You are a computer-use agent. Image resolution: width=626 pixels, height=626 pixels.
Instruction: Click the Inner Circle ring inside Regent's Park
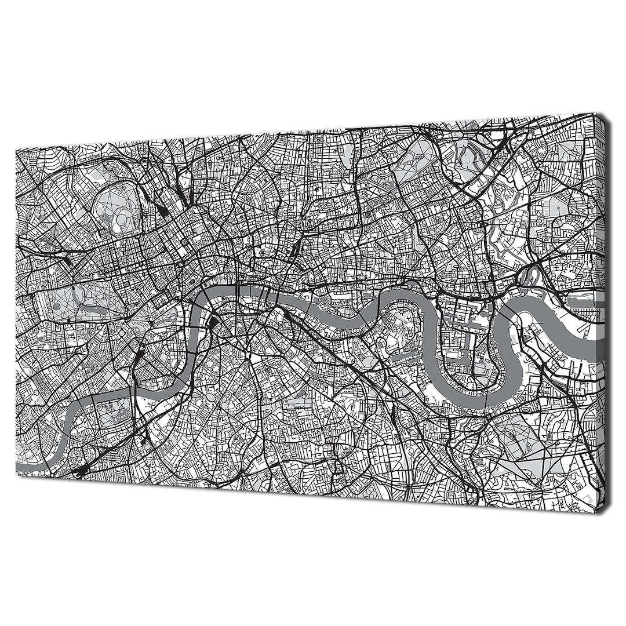click(x=121, y=219)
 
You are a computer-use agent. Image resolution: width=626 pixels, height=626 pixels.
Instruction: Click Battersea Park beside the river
click(x=119, y=412)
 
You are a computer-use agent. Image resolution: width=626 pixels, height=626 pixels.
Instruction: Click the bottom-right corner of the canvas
click(x=604, y=512)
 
